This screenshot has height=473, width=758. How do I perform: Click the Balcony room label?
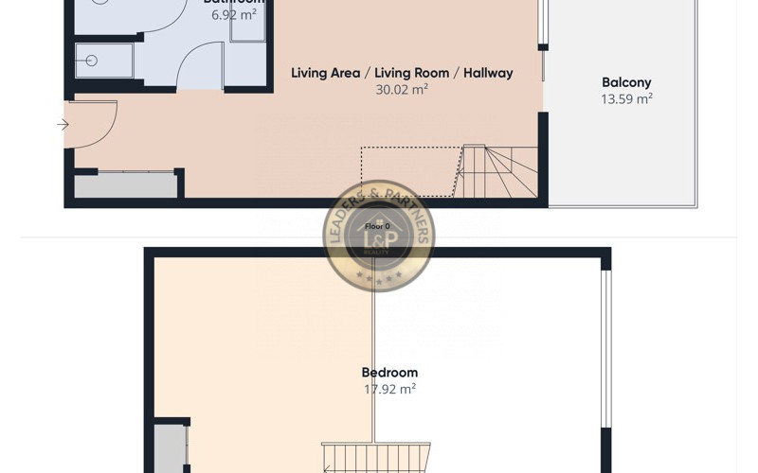point(626,82)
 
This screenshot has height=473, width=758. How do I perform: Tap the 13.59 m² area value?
point(626,98)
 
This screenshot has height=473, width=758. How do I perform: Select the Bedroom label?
point(389,373)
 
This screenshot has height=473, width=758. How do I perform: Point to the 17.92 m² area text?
point(389,389)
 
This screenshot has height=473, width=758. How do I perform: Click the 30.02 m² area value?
point(402,90)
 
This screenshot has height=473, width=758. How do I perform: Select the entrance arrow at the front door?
point(63,124)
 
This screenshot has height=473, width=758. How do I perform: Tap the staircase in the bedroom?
point(375,458)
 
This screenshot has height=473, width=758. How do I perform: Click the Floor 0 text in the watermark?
point(379,226)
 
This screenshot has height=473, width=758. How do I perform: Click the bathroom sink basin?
point(92,61)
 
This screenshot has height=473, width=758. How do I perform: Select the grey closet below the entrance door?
point(125,184)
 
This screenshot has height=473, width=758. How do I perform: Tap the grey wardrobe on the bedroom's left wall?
point(171,448)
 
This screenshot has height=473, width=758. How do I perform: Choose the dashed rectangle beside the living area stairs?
point(409,171)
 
